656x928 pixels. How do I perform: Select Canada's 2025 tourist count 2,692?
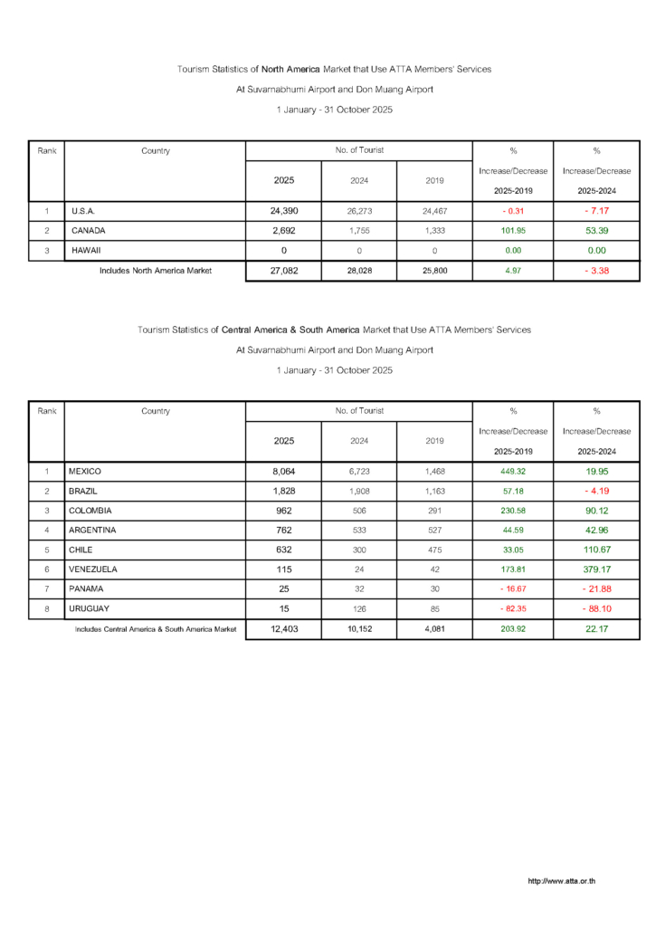283,230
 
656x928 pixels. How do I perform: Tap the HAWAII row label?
87,250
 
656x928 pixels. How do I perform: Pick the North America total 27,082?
283,270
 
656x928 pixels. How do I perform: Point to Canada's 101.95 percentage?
513,230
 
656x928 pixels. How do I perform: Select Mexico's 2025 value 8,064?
283,472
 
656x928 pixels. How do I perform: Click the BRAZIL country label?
84,491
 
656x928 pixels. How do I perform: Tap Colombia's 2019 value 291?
434,511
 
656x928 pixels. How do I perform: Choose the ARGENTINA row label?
91,530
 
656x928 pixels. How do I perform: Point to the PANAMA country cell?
86,588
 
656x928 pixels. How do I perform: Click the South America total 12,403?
283,628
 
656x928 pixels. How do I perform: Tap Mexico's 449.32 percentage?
513,472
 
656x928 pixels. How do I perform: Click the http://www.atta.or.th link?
562,881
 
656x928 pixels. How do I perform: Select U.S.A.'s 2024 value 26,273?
359,211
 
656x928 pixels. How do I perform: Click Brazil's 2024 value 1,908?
359,491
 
